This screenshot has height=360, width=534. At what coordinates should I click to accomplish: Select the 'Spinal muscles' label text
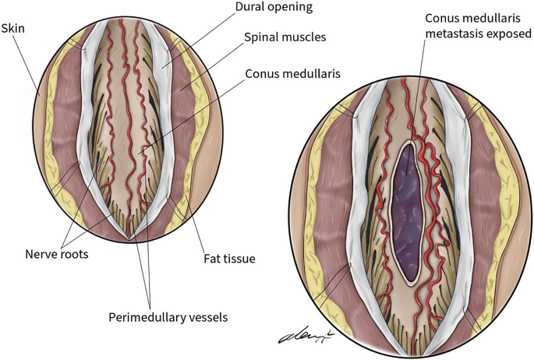[285, 37]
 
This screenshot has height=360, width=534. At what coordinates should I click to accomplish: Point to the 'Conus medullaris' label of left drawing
[294, 75]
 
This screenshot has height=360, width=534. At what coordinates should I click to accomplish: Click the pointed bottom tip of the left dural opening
[131, 236]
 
